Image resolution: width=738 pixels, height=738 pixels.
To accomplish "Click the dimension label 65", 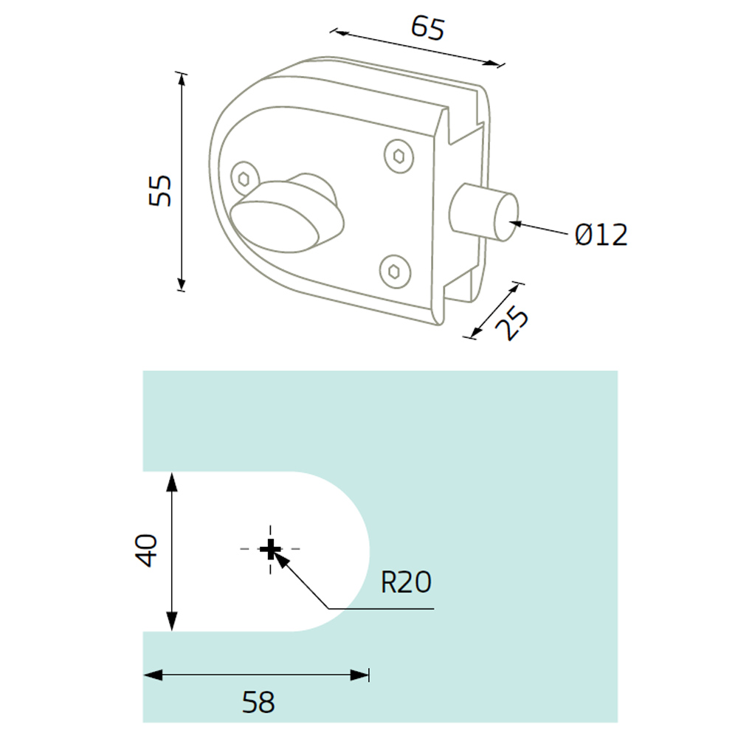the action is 427,28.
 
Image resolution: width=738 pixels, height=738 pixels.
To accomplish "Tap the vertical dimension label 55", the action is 160,190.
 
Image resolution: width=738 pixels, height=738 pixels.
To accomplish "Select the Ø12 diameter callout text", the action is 601,235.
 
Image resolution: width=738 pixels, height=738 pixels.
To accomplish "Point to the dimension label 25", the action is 513,323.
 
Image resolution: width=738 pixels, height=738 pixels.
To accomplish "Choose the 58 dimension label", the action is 258,703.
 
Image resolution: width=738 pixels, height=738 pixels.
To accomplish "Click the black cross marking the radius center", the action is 270,549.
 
